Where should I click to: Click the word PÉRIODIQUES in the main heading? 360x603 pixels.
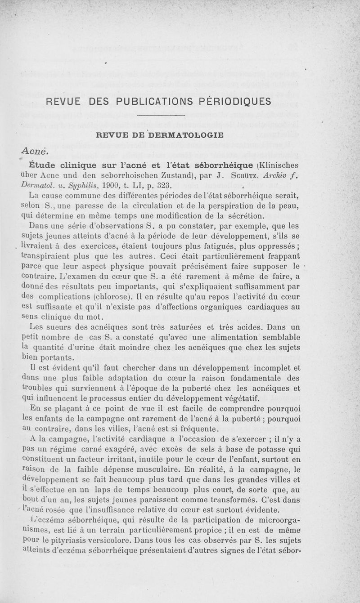coord(235,101)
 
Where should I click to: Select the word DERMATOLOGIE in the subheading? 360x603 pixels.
coord(186,134)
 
